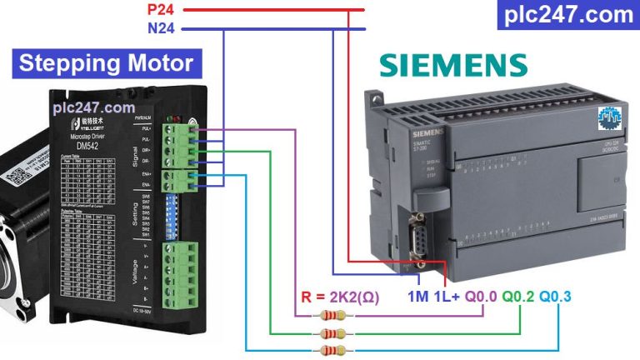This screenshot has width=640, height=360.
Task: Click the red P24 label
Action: pyautogui.click(x=163, y=10)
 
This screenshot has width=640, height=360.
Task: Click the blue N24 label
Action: pyautogui.click(x=163, y=29)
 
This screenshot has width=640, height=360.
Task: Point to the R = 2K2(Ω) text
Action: pyautogui.click(x=339, y=297)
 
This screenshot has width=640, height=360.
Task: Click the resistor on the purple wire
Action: pyautogui.click(x=332, y=316)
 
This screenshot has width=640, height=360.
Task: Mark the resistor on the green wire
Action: pyautogui.click(x=332, y=333)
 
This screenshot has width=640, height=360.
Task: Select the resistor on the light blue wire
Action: pyautogui.click(x=332, y=350)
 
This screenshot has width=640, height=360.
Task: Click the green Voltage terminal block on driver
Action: pyautogui.click(x=181, y=276)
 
